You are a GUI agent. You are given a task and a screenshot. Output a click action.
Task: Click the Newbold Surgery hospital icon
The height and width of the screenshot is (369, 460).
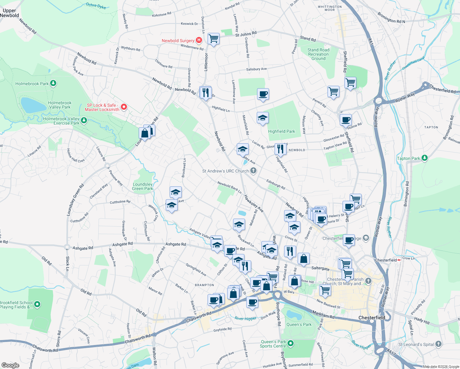199,40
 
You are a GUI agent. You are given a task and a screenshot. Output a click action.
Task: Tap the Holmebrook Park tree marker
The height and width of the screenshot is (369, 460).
53,83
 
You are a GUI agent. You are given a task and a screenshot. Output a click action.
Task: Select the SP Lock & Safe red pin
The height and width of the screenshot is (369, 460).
124,107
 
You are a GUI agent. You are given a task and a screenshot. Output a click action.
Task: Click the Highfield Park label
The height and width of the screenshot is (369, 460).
281,131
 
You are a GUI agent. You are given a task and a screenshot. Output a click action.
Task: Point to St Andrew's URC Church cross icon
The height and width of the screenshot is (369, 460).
253,171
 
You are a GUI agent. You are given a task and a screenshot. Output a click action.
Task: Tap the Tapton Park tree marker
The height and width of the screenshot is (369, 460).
425,158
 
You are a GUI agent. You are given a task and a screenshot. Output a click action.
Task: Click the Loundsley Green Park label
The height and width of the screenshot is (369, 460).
143,186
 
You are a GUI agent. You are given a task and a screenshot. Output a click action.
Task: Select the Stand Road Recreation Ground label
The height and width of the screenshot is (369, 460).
318,54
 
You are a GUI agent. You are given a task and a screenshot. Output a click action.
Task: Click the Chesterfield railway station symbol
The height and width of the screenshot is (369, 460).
399,260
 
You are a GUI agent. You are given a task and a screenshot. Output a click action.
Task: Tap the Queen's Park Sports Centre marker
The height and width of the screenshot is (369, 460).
291,343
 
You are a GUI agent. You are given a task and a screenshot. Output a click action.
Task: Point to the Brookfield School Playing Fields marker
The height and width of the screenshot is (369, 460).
37,304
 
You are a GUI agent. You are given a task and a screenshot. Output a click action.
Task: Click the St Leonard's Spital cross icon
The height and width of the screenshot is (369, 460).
438,344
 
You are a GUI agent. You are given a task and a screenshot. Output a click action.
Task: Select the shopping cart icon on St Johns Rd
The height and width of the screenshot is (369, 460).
213,39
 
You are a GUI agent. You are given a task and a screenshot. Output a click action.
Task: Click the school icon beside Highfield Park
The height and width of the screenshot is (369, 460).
262,118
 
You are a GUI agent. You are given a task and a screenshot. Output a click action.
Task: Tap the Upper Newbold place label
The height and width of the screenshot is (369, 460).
10,13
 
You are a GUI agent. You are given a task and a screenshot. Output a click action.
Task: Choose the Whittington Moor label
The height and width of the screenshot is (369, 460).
330,8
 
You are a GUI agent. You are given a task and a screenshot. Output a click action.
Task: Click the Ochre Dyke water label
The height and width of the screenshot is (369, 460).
96,6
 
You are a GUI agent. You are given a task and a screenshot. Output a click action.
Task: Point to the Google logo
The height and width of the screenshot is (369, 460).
10,365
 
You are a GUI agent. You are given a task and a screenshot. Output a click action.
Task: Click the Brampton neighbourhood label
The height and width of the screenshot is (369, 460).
204,285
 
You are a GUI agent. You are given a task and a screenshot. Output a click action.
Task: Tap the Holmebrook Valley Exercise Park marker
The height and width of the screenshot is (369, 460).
84,120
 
